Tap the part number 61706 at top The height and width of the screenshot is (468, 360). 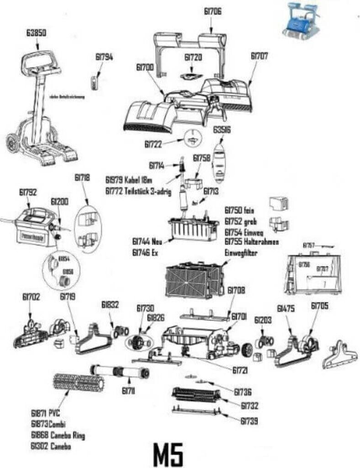coord(213,12)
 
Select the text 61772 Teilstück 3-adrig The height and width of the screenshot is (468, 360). coord(138,191)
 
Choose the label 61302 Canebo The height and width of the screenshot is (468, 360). coord(51,446)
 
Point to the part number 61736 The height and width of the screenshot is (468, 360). coord(243,392)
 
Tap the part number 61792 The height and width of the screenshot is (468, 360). coord(28,192)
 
